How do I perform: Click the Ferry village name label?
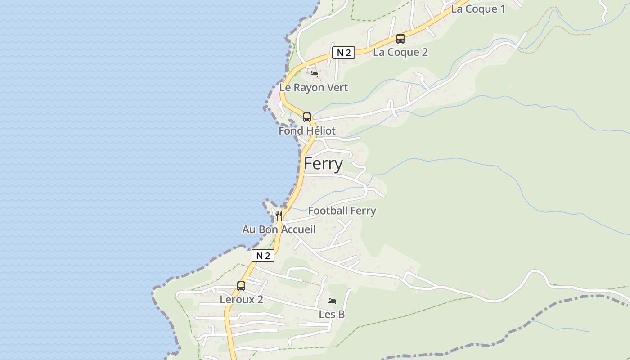click(x=323, y=164)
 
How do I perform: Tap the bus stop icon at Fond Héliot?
click(x=307, y=117)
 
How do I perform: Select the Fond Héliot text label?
click(x=307, y=131)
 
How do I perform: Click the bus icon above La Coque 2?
click(x=400, y=39)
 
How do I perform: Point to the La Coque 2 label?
click(x=400, y=52)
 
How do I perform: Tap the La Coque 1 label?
click(x=478, y=9)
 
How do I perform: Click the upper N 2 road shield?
click(x=343, y=53)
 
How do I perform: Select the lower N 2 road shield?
click(x=263, y=256)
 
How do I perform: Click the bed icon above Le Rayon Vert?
click(x=314, y=74)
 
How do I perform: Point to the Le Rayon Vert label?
click(x=314, y=88)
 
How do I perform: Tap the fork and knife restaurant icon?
click(x=279, y=216)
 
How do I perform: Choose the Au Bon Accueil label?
click(x=279, y=229)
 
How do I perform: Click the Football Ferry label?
click(x=342, y=211)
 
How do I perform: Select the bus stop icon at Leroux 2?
click(x=241, y=286)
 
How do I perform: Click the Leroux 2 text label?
click(x=241, y=300)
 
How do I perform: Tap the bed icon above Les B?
click(x=332, y=301)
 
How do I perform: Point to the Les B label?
click(x=332, y=315)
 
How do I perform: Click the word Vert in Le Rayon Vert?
click(x=337, y=88)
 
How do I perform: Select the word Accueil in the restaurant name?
click(x=298, y=229)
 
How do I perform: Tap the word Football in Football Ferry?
click(x=328, y=211)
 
